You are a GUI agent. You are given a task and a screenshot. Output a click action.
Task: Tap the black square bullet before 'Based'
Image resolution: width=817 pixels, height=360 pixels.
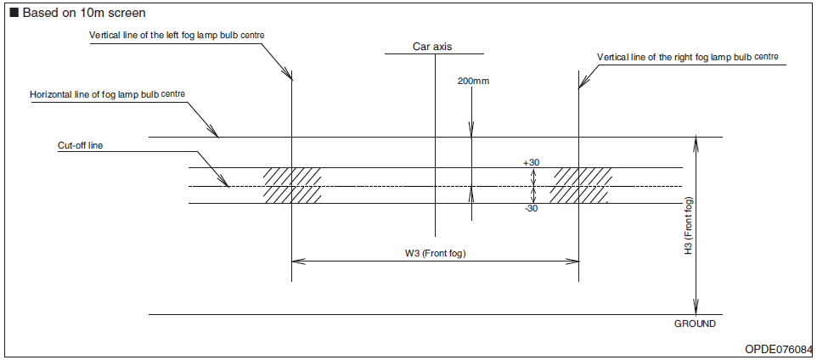[x=14, y=13]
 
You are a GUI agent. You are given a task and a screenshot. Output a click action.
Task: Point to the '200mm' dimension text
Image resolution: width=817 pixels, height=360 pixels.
[x=474, y=81]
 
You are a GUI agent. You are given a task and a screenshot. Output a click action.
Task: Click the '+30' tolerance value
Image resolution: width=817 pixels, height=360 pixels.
[x=532, y=161]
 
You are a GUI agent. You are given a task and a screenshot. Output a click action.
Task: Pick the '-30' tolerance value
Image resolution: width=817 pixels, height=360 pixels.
[x=532, y=209]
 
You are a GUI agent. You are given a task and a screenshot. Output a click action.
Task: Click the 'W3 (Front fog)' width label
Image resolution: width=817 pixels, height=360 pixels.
[x=436, y=253]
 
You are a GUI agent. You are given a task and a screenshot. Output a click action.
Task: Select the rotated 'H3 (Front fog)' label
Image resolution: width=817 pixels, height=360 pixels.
[x=689, y=227]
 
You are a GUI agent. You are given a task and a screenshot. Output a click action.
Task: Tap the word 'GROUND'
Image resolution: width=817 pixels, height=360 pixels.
[x=695, y=323]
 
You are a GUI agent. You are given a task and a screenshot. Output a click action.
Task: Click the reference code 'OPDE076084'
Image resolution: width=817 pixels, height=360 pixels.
[x=778, y=350]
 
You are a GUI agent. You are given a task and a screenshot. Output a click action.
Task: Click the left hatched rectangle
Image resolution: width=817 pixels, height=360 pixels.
[x=291, y=185]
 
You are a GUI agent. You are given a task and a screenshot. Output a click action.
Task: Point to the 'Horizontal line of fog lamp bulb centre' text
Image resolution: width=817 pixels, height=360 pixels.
[x=107, y=93]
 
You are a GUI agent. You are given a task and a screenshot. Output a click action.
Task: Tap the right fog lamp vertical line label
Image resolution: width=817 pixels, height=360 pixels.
[x=687, y=57]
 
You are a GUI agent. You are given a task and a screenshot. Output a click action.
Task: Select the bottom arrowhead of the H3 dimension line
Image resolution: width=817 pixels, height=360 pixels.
[x=696, y=310]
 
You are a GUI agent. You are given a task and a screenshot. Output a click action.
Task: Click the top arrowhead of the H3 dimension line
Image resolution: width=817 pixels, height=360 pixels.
[x=696, y=142]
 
